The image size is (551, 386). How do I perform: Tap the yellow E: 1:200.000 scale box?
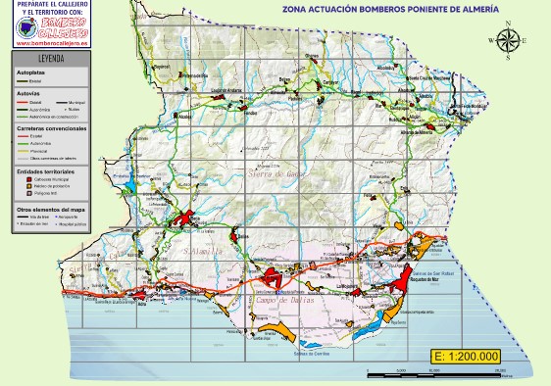tap(466, 356)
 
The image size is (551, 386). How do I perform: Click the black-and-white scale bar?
tap(434, 374)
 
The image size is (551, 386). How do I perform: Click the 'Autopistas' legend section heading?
tap(32, 72)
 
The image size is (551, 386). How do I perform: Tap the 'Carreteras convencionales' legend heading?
tap(51, 128)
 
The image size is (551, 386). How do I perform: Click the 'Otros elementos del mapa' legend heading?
tap(50, 210)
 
